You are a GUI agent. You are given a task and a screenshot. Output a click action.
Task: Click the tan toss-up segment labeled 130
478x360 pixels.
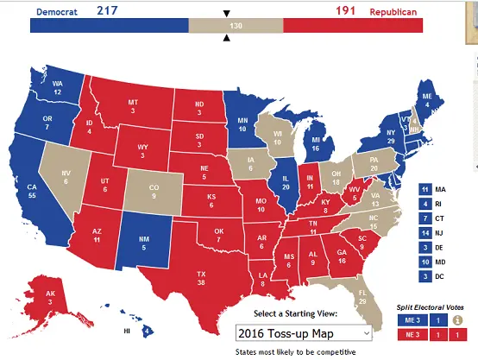click(236, 26)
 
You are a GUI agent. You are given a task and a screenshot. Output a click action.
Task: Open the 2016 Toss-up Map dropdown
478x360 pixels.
click(304, 332)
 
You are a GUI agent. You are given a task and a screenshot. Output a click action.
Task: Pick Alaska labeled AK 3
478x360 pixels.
click(52, 297)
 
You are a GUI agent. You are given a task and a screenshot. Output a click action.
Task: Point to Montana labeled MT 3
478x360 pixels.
click(133, 106)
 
